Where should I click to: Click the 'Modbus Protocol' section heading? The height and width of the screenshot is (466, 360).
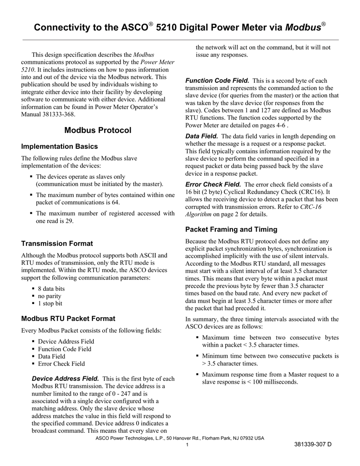tap(98, 131)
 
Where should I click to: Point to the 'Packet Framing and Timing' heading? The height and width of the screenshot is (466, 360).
tap(231, 229)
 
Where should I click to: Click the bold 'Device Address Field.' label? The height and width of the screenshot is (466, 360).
tap(65, 379)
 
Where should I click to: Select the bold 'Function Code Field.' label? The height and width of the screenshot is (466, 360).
tap(217, 81)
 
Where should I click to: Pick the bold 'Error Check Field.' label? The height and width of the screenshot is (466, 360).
tap(213, 184)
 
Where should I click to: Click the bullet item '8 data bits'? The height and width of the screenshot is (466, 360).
tap(51, 289)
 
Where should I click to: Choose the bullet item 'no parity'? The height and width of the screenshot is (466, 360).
tap(50, 296)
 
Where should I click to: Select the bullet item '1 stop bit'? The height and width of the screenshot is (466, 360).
tap(50, 304)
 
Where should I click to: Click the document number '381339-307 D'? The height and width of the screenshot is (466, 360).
tap(313, 444)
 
